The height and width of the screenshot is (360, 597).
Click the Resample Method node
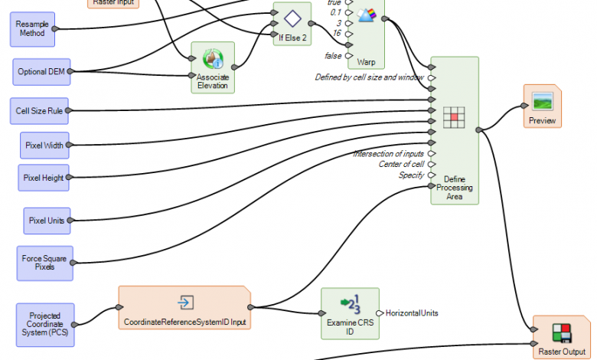(32, 28)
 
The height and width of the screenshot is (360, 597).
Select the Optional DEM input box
(41, 71)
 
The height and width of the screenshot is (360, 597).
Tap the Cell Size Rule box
(40, 110)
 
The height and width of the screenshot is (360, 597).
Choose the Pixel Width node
(44, 144)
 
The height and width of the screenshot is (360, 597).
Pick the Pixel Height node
(44, 178)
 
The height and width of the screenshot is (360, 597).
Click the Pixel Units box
(46, 220)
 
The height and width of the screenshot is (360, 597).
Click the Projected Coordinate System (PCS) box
(46, 324)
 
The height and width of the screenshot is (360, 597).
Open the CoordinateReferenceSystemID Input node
(184, 308)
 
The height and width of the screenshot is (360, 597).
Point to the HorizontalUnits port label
(412, 313)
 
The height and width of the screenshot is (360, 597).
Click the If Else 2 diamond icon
(291, 18)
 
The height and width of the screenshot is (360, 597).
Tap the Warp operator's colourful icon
(366, 15)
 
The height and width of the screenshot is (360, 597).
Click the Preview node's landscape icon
(542, 101)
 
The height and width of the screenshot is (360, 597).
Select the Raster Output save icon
(562, 332)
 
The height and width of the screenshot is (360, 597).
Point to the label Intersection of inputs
(388, 154)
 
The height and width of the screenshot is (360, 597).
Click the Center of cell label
(401, 165)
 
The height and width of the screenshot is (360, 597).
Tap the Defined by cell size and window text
(370, 77)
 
